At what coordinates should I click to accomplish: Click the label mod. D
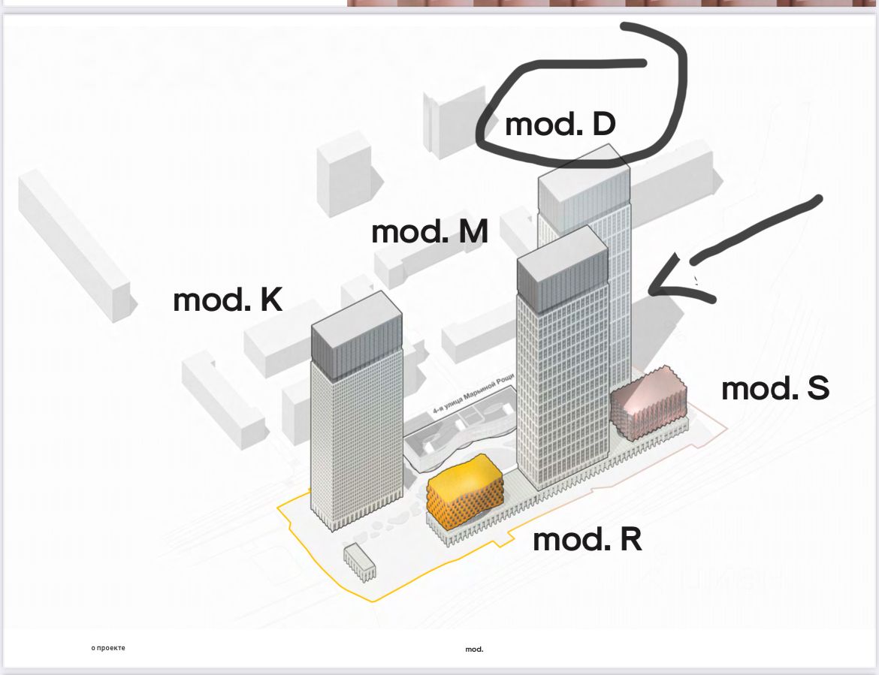coord(560,125)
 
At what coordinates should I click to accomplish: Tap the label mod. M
coord(430,232)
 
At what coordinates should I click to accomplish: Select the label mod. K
coord(228,300)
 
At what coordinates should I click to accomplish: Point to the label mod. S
coord(775,389)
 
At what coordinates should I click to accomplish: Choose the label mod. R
coord(588,540)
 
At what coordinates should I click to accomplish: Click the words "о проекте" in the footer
coord(108,647)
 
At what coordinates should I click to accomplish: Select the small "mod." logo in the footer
coord(474,649)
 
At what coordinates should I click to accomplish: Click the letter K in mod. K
coord(271,300)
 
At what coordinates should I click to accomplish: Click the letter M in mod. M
coord(472,232)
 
